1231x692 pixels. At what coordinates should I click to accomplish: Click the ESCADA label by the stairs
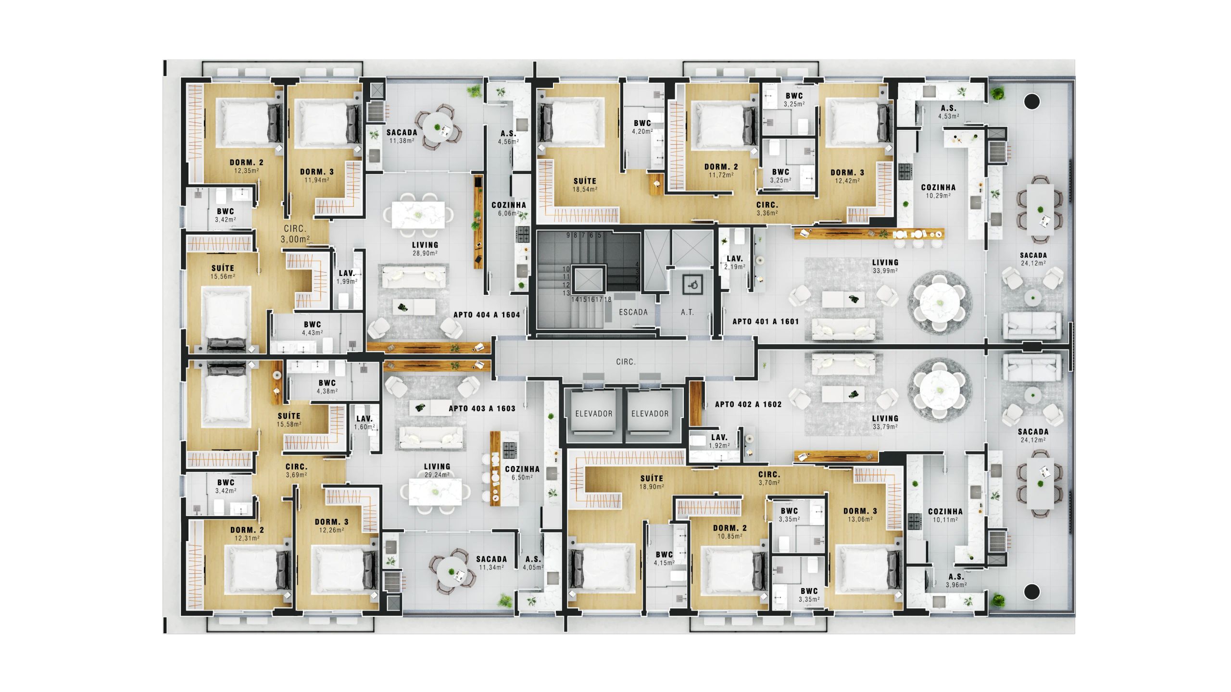tap(633, 312)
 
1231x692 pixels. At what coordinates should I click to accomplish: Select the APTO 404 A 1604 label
tap(487, 315)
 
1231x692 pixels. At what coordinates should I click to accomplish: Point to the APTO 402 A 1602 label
tap(748, 404)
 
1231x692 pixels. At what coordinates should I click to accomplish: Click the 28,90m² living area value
tap(425, 253)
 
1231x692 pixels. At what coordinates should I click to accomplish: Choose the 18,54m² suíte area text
tap(585, 189)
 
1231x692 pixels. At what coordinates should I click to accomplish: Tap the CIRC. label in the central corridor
tap(626, 362)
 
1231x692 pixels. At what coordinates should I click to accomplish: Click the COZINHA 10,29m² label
tap(938, 191)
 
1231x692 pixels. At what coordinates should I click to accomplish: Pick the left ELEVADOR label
tap(594, 414)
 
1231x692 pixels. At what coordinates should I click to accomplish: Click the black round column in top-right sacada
tap(1032, 101)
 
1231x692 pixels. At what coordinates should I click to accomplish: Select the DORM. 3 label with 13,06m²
tap(860, 515)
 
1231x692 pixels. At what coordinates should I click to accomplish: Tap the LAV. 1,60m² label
tap(364, 423)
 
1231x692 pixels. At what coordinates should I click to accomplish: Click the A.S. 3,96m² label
tap(956, 581)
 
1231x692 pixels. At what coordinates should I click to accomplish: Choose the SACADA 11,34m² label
tap(491, 563)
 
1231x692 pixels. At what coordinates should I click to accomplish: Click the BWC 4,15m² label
tap(664, 559)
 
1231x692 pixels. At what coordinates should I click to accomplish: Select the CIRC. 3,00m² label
tap(295, 234)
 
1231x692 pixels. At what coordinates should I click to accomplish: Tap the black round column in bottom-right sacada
tap(1032, 591)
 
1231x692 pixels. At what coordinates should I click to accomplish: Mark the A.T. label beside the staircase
tap(687, 312)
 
